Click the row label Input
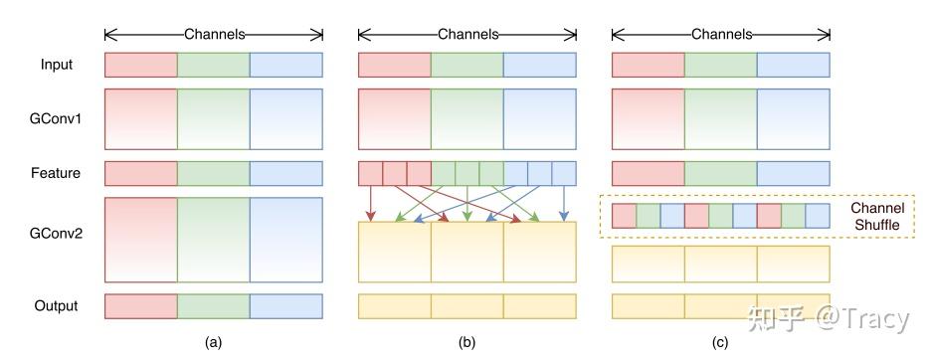coord(56,65)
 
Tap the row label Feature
coord(56,173)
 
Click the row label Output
coord(56,305)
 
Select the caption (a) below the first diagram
coord(213,343)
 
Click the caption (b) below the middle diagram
coord(466,343)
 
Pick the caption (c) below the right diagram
coord(720,343)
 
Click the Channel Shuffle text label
coord(876,217)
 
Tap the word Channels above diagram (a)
coord(214,34)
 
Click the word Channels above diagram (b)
coord(467,34)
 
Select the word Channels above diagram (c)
coord(721,34)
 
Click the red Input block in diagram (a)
coord(140,65)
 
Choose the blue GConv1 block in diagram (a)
coord(286,118)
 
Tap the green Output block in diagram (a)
coord(213,305)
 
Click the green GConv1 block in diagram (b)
coord(466,118)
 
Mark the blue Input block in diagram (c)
coord(793,65)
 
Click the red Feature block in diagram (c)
coord(648,173)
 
